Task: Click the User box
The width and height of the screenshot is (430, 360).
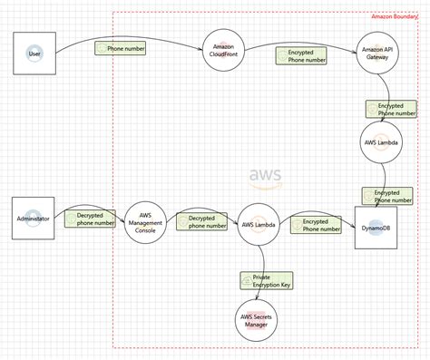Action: tap(35, 54)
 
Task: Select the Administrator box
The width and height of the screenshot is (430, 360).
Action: tap(35, 220)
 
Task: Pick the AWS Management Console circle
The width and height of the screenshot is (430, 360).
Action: tap(146, 224)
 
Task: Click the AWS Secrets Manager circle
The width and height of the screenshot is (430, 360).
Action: tap(258, 319)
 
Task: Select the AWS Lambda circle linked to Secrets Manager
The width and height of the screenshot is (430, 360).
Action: tap(258, 225)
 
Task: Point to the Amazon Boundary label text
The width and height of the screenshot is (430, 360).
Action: tap(398, 17)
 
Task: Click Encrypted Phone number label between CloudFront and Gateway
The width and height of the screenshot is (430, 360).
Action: tap(301, 56)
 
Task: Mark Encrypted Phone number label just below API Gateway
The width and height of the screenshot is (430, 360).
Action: tap(390, 109)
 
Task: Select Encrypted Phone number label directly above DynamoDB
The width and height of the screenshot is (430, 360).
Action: tap(387, 196)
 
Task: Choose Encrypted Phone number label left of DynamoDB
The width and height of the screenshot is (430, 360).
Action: tap(316, 225)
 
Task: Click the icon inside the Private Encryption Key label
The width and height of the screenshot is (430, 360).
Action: tap(248, 280)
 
